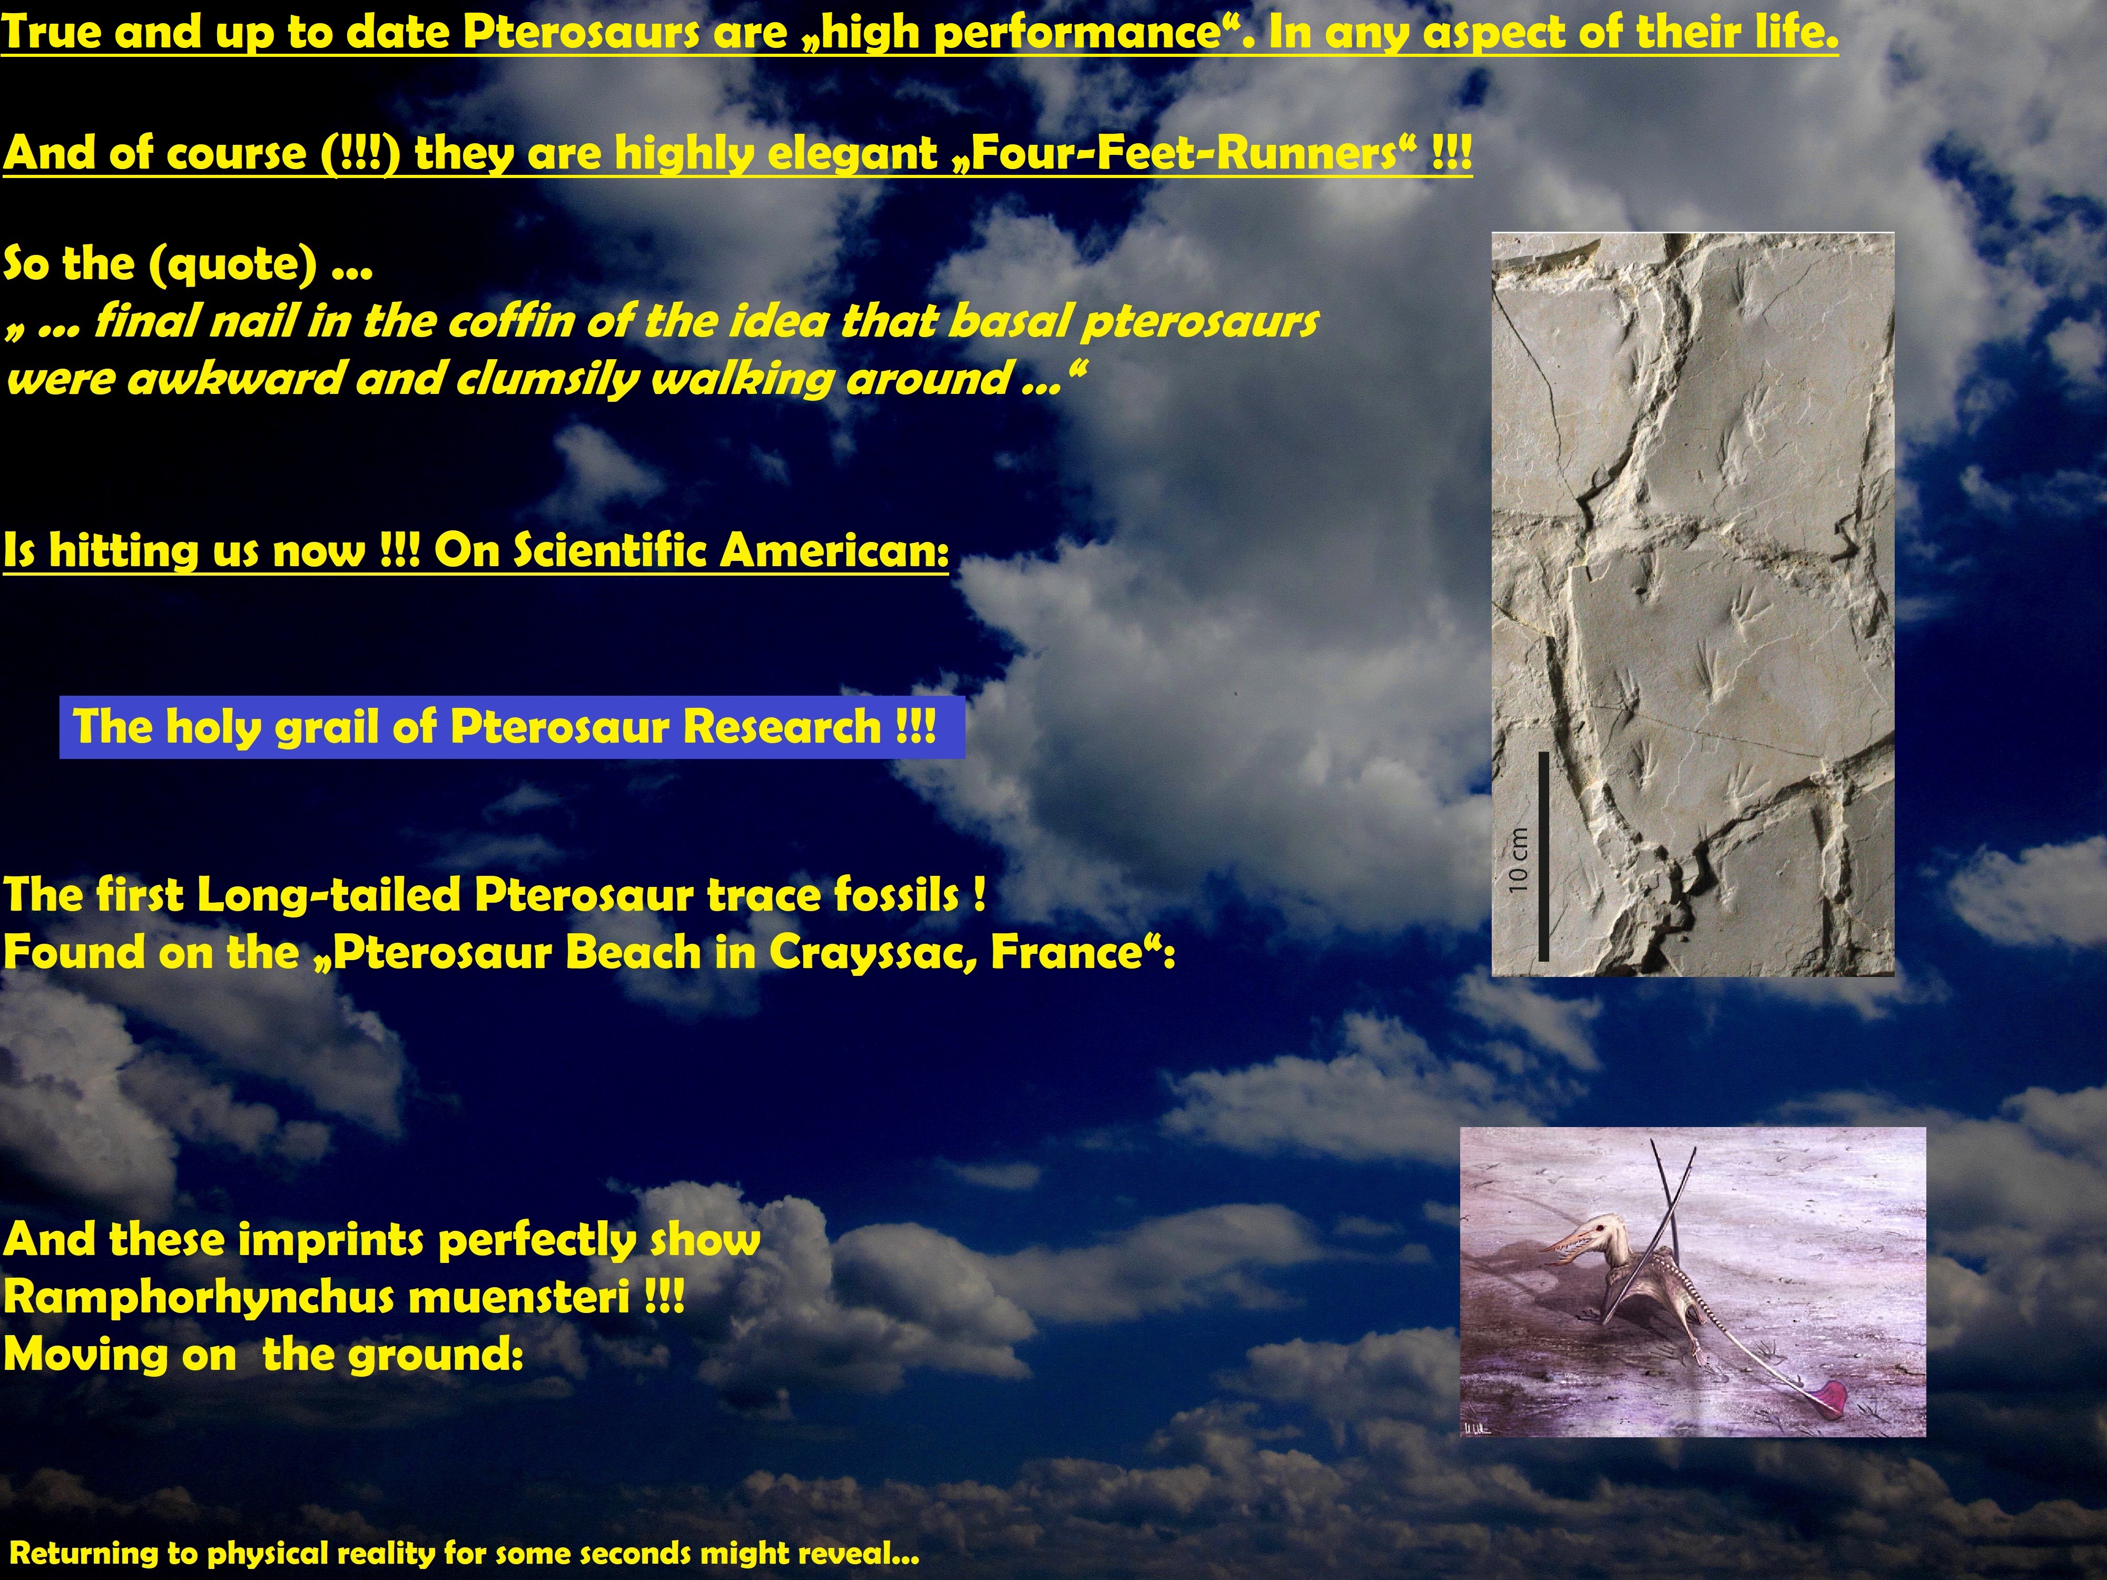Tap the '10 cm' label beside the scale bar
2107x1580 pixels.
point(1518,860)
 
